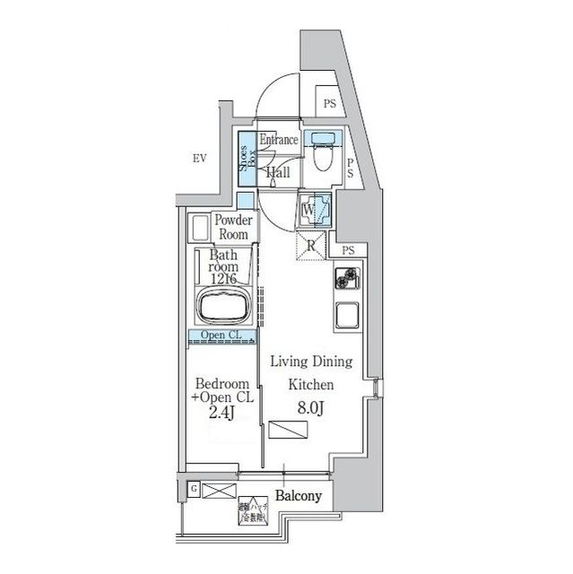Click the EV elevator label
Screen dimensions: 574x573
tap(199, 159)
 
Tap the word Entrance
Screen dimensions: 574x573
tap(278, 140)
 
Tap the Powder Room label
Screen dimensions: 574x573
tap(231, 227)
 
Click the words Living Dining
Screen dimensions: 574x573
tap(310, 361)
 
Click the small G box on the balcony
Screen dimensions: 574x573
tap(193, 488)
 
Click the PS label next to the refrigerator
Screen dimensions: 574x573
tap(347, 250)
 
